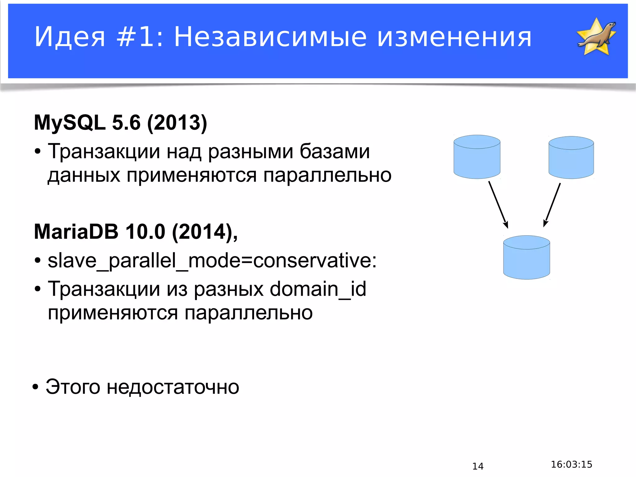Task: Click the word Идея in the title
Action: (70, 37)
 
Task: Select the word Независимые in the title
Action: (270, 37)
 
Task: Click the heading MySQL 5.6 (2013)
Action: (120, 123)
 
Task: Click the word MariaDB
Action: (76, 232)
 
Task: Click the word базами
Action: (334, 152)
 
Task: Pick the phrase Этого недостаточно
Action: (142, 387)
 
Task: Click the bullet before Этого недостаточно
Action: (36, 388)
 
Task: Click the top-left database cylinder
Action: (477, 157)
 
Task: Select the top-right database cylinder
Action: (571, 157)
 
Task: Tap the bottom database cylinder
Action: (526, 257)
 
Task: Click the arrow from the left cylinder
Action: (498, 205)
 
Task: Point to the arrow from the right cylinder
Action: (552, 205)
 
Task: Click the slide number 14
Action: (478, 466)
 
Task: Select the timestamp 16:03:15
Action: (571, 464)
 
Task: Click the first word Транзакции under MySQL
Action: (104, 152)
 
